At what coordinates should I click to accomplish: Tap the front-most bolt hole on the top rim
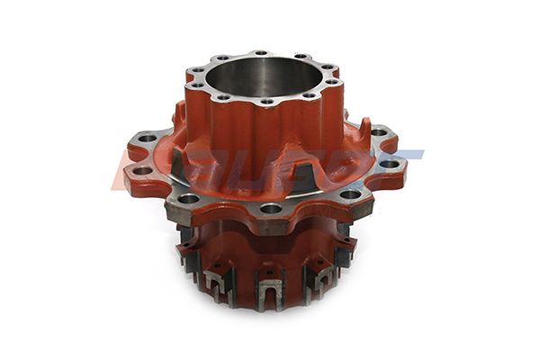[265, 102]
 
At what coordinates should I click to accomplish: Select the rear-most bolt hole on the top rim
[259, 54]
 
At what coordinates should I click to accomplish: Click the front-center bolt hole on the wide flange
[271, 209]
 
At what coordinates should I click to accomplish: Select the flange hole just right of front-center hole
[346, 194]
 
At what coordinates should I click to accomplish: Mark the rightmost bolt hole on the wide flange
[389, 164]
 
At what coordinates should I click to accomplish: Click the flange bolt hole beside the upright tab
[379, 132]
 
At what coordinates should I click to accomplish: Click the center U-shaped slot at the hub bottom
[268, 290]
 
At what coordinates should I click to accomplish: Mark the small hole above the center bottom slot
[268, 267]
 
